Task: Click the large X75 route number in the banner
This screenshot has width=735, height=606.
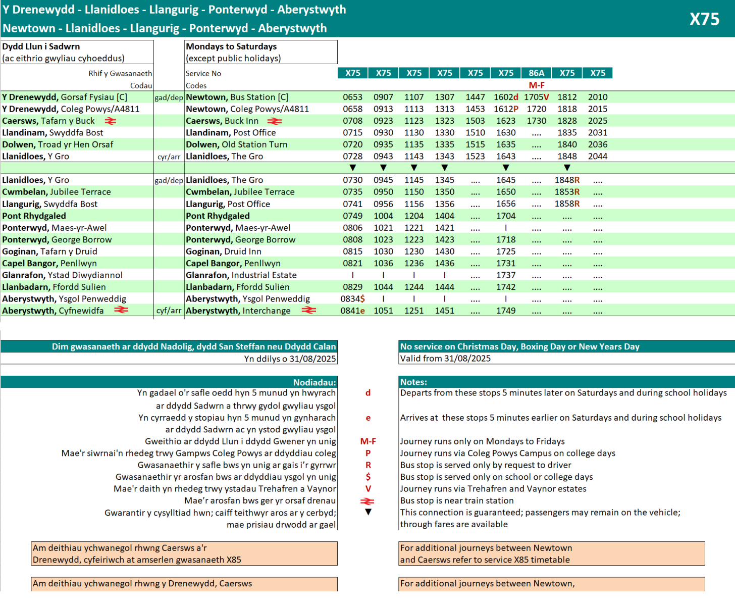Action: tap(704, 19)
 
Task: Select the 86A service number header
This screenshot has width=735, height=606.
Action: tap(536, 73)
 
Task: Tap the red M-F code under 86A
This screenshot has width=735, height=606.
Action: tap(536, 85)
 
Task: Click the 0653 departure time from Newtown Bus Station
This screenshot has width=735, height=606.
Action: tap(352, 97)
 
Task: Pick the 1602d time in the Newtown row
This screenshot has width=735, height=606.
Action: tap(506, 97)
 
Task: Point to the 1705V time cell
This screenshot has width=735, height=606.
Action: tap(536, 97)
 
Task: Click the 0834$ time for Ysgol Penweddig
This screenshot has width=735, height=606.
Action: tap(352, 299)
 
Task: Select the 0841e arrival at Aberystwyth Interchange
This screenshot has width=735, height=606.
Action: tap(352, 311)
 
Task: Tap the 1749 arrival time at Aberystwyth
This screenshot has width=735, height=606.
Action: tap(506, 311)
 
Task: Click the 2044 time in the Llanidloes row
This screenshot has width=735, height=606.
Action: tap(598, 156)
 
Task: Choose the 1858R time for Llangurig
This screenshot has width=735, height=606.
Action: tap(567, 204)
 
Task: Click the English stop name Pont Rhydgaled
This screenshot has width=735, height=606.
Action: tap(218, 216)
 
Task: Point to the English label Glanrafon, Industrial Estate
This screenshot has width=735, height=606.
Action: tap(241, 275)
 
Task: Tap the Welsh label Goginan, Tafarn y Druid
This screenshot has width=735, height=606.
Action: tap(49, 251)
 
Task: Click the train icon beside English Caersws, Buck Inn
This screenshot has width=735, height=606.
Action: tap(275, 121)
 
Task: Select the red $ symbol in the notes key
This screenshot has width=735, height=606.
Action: tap(368, 477)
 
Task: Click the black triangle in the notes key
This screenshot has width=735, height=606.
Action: tap(368, 512)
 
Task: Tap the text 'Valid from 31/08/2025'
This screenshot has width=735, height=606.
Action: tap(445, 359)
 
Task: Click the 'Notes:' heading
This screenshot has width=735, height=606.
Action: tap(413, 382)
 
